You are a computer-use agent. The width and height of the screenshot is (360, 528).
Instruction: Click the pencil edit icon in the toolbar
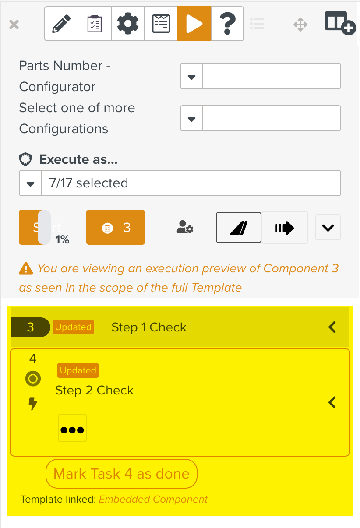pyautogui.click(x=61, y=24)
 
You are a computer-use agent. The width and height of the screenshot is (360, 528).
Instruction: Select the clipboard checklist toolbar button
pyautogui.click(x=95, y=24)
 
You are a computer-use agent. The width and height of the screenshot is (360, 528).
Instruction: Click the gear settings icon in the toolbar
pyautogui.click(x=128, y=24)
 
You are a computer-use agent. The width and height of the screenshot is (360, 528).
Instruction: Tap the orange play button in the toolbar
pyautogui.click(x=194, y=24)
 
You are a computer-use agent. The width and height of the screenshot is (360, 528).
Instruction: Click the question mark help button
pyautogui.click(x=227, y=24)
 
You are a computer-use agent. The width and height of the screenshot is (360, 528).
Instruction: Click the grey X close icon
pyautogui.click(x=14, y=24)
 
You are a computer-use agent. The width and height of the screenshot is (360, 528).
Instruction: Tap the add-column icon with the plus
pyautogui.click(x=339, y=23)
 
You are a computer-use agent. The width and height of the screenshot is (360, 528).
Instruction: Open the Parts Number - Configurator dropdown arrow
pyautogui.click(x=191, y=77)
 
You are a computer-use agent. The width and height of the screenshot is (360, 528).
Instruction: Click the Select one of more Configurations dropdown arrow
pyautogui.click(x=191, y=119)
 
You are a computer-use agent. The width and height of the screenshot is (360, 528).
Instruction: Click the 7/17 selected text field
pyautogui.click(x=191, y=183)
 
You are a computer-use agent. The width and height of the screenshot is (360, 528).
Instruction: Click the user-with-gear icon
pyautogui.click(x=185, y=227)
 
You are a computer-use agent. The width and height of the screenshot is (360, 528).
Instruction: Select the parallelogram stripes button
pyautogui.click(x=239, y=228)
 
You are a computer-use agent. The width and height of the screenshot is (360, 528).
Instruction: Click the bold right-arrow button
pyautogui.click(x=285, y=228)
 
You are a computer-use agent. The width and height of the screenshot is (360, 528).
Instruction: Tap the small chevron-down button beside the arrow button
pyautogui.click(x=328, y=228)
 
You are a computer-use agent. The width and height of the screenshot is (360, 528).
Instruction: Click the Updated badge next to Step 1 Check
pyautogui.click(x=73, y=327)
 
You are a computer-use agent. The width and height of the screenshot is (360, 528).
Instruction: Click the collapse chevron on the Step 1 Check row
pyautogui.click(x=332, y=327)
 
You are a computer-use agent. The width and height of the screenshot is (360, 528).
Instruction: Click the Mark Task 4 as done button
pyautogui.click(x=121, y=474)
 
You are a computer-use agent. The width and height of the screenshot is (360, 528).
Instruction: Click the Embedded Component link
pyautogui.click(x=153, y=500)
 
